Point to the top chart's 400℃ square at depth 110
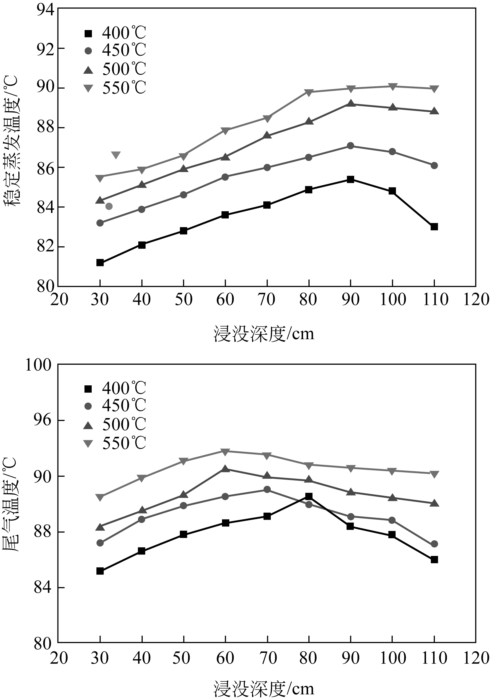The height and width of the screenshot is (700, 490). pos(434,227)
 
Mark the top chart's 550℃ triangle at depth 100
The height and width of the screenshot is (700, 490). pos(392,86)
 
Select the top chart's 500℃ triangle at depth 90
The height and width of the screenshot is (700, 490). pos(351,104)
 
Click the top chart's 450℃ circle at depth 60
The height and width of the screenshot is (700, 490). pos(225,177)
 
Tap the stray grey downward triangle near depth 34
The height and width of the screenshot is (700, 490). pos(116,155)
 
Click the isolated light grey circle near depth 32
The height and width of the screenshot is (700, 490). pos(109,207)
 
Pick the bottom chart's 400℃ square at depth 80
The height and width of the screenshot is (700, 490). pos(309,496)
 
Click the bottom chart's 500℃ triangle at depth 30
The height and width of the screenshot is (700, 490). pos(100,527)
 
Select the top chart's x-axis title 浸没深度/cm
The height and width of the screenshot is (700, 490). pos(264,334)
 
